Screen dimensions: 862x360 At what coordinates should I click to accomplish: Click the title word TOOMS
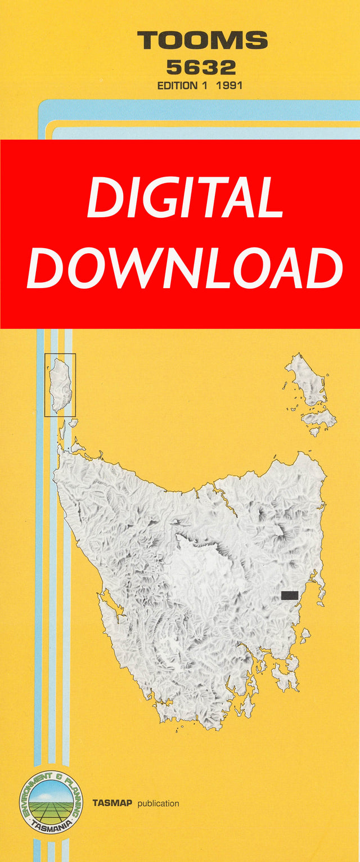tap(202, 41)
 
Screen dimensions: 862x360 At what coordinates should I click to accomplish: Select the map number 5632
tap(201, 68)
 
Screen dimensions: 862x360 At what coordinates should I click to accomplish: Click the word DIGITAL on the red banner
tap(185, 199)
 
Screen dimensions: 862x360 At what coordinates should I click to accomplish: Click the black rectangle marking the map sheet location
tap(290, 595)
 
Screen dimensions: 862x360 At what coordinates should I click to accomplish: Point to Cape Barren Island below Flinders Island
tap(318, 419)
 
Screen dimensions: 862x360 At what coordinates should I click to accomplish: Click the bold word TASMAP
tap(112, 803)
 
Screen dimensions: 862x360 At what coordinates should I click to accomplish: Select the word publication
tap(158, 803)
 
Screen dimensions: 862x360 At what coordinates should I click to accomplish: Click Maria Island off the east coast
tap(305, 636)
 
